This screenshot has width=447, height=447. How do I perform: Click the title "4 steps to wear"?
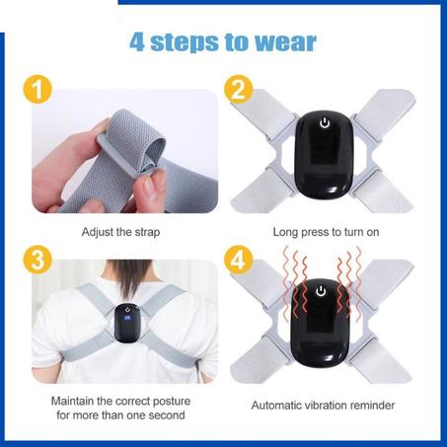click(x=223, y=41)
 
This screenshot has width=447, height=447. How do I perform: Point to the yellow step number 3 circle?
click(x=37, y=262)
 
